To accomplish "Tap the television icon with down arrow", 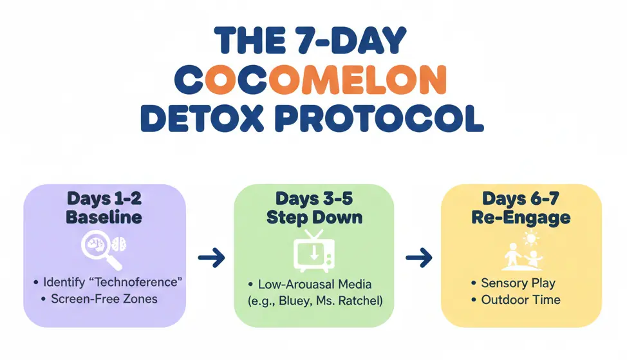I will coord(313,251).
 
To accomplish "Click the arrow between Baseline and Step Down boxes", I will coord(211,259).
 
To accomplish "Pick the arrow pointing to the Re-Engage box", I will coord(418,259).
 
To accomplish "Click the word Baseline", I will coord(105,217).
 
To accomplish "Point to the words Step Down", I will coord(313,217).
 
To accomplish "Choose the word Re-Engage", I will coord(521,217).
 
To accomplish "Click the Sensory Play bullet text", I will coord(518,283).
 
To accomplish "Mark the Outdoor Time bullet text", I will coord(520,300).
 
